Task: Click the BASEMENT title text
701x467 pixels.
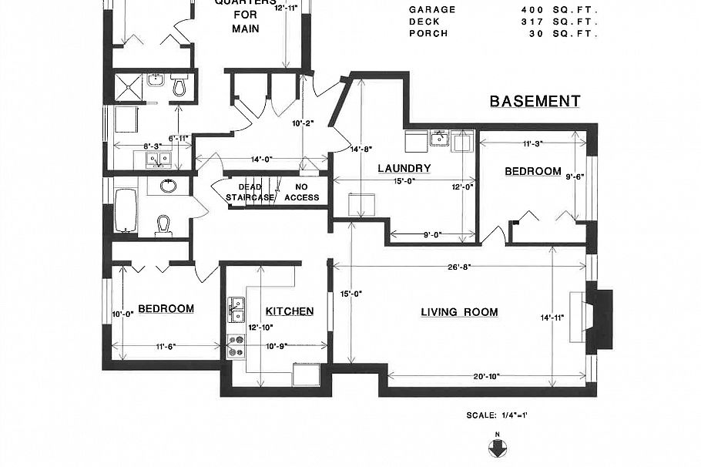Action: [535, 102]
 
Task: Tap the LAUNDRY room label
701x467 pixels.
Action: [404, 168]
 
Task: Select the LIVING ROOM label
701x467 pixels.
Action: [459, 312]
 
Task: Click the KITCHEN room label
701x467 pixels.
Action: [289, 311]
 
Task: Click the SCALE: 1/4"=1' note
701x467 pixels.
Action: [496, 415]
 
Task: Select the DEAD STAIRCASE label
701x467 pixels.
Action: [250, 192]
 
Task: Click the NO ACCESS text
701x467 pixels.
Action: [301, 192]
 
